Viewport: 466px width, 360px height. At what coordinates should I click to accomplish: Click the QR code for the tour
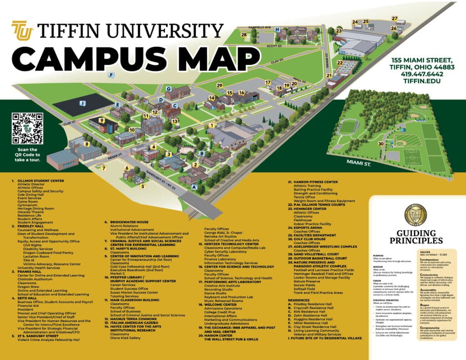point(27,128)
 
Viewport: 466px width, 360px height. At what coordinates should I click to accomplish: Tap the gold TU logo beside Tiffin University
point(21,30)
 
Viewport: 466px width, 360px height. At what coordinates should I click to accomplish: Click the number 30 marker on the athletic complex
point(380,144)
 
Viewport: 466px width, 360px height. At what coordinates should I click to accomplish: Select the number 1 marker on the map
point(212,125)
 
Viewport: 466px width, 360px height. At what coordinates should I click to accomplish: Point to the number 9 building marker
point(102,120)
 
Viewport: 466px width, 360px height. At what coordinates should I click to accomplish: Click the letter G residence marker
point(168,89)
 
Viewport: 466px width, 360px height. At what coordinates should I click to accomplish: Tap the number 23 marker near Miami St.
point(339,31)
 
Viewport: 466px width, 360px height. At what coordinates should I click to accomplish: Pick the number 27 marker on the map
point(395,19)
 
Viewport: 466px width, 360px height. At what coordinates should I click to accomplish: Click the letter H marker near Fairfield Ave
point(277,29)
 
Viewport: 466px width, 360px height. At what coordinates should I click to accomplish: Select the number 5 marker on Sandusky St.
point(142,186)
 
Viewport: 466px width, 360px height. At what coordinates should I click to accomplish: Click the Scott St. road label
point(275,46)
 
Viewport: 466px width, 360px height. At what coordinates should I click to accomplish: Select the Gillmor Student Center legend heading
point(40,181)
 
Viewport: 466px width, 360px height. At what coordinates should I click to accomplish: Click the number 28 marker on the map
point(244,35)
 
